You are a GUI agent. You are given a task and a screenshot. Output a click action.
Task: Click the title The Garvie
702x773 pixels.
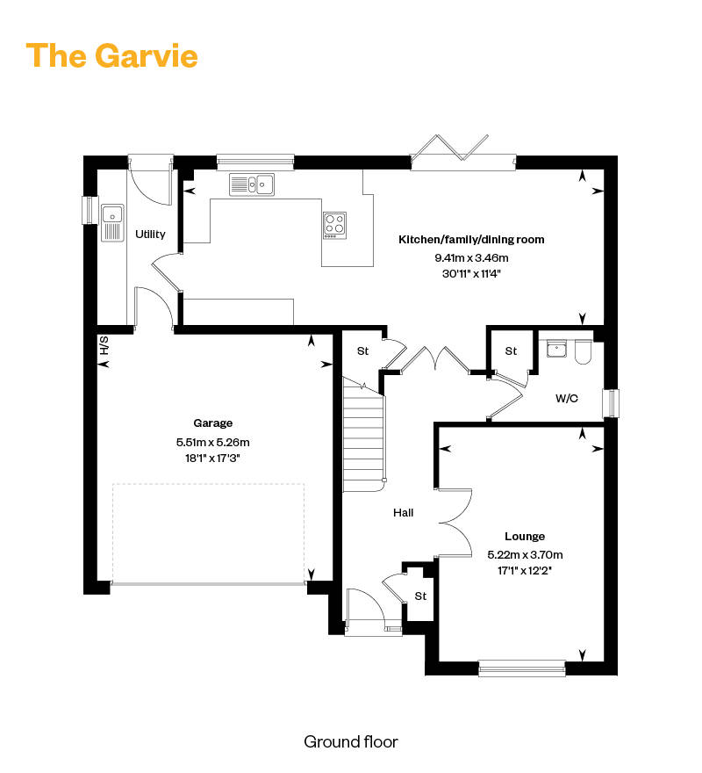pyautogui.click(x=111, y=55)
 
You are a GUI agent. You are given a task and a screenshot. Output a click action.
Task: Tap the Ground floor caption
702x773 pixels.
pyautogui.click(x=351, y=741)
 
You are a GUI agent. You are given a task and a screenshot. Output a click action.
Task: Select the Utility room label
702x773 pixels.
pyautogui.click(x=150, y=235)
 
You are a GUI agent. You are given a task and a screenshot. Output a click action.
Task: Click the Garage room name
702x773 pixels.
pyautogui.click(x=213, y=423)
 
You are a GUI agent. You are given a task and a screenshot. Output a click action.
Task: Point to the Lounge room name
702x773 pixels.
pyautogui.click(x=525, y=537)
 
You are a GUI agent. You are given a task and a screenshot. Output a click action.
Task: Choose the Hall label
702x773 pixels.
pyautogui.click(x=403, y=513)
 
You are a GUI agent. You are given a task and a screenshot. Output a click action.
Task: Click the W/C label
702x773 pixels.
pyautogui.click(x=567, y=398)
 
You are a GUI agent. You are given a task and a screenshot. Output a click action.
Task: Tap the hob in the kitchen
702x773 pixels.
pyautogui.click(x=334, y=226)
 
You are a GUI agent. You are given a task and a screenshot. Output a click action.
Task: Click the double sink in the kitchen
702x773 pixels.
pyautogui.click(x=252, y=184)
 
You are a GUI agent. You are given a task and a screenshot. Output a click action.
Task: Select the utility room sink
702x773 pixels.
pyautogui.click(x=112, y=223)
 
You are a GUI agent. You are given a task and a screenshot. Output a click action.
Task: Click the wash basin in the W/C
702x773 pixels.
pyautogui.click(x=556, y=348)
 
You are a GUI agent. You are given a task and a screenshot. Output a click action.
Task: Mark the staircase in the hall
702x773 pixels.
pyautogui.click(x=363, y=435)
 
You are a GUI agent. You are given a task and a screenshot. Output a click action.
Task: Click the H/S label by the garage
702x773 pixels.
pyautogui.click(x=104, y=345)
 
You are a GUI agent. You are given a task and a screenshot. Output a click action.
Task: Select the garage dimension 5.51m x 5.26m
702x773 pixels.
pyautogui.click(x=213, y=442)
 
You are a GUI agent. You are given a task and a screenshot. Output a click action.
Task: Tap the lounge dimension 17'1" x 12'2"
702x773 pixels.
pyautogui.click(x=525, y=571)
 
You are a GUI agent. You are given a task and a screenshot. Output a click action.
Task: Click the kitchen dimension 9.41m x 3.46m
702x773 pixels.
pyautogui.click(x=471, y=258)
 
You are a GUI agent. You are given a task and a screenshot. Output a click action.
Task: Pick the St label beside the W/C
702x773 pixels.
pyautogui.click(x=511, y=351)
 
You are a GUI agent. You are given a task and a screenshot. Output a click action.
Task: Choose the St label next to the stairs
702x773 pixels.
pyautogui.click(x=362, y=351)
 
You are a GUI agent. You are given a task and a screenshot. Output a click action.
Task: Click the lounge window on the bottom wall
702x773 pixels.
pyautogui.click(x=522, y=668)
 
